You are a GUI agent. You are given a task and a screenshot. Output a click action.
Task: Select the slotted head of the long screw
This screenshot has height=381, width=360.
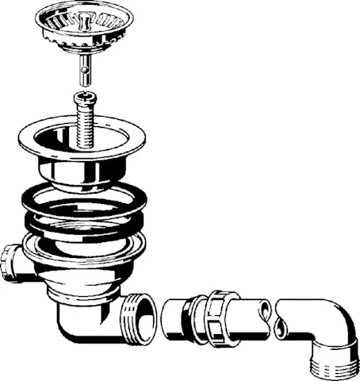[85, 98]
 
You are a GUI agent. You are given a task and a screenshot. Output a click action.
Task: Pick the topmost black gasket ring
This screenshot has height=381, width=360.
[83, 196]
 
